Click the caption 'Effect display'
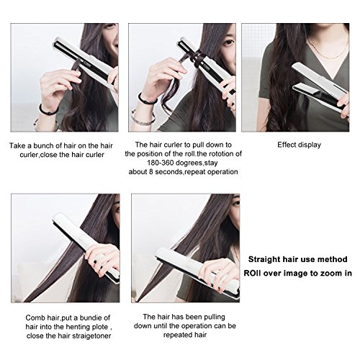(299, 145)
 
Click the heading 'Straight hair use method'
(298, 259)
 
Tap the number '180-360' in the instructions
(161, 163)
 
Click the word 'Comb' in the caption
(35, 318)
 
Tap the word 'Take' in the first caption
(17, 145)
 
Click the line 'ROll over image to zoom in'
(298, 273)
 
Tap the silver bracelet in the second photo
(143, 120)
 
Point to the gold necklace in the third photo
(328, 52)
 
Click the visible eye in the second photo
(228, 42)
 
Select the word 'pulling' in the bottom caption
(215, 317)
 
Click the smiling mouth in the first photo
(116, 45)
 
